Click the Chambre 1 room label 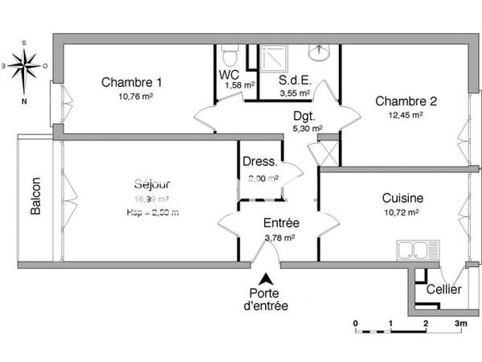click(x=132, y=82)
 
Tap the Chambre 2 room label click(x=406, y=101)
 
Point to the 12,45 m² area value click(x=405, y=115)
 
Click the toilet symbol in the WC click(x=229, y=56)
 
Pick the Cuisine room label click(x=402, y=198)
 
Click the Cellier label click(x=443, y=290)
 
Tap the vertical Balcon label click(x=36, y=197)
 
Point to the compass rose click(x=25, y=62)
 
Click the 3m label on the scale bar click(x=460, y=323)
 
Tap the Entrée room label click(x=282, y=224)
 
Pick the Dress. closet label click(x=259, y=162)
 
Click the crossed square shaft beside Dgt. click(x=328, y=151)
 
